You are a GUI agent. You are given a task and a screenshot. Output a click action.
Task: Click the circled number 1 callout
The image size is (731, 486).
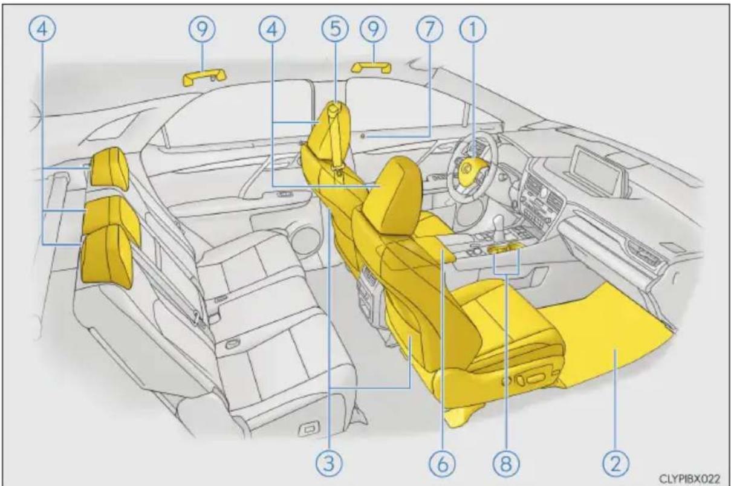(473, 29)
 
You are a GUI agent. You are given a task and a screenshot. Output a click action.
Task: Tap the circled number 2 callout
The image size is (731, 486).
(616, 464)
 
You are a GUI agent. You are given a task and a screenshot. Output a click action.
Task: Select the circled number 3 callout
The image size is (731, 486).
(330, 464)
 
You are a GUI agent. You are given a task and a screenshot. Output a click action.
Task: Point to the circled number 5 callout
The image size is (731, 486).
(335, 29)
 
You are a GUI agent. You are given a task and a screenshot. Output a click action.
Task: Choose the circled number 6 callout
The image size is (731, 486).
(443, 464)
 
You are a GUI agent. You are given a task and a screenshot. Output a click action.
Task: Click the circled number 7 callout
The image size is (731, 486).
(430, 29)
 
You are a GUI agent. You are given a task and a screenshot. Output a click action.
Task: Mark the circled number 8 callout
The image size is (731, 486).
(506, 464)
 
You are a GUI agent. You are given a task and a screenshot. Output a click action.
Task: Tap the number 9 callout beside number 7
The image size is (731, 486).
(373, 29)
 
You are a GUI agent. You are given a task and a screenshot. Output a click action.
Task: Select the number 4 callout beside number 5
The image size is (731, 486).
(272, 29)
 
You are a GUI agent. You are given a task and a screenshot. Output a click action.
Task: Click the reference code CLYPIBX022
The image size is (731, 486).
(689, 479)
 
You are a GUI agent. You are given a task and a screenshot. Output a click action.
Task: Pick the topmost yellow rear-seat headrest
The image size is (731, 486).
(109, 167)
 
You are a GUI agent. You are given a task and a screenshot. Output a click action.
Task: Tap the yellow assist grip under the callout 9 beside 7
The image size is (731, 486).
(371, 67)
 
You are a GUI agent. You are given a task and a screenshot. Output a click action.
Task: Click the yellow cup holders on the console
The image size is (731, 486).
(503, 249)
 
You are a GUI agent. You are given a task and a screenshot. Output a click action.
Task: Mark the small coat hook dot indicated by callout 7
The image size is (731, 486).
(366, 137)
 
